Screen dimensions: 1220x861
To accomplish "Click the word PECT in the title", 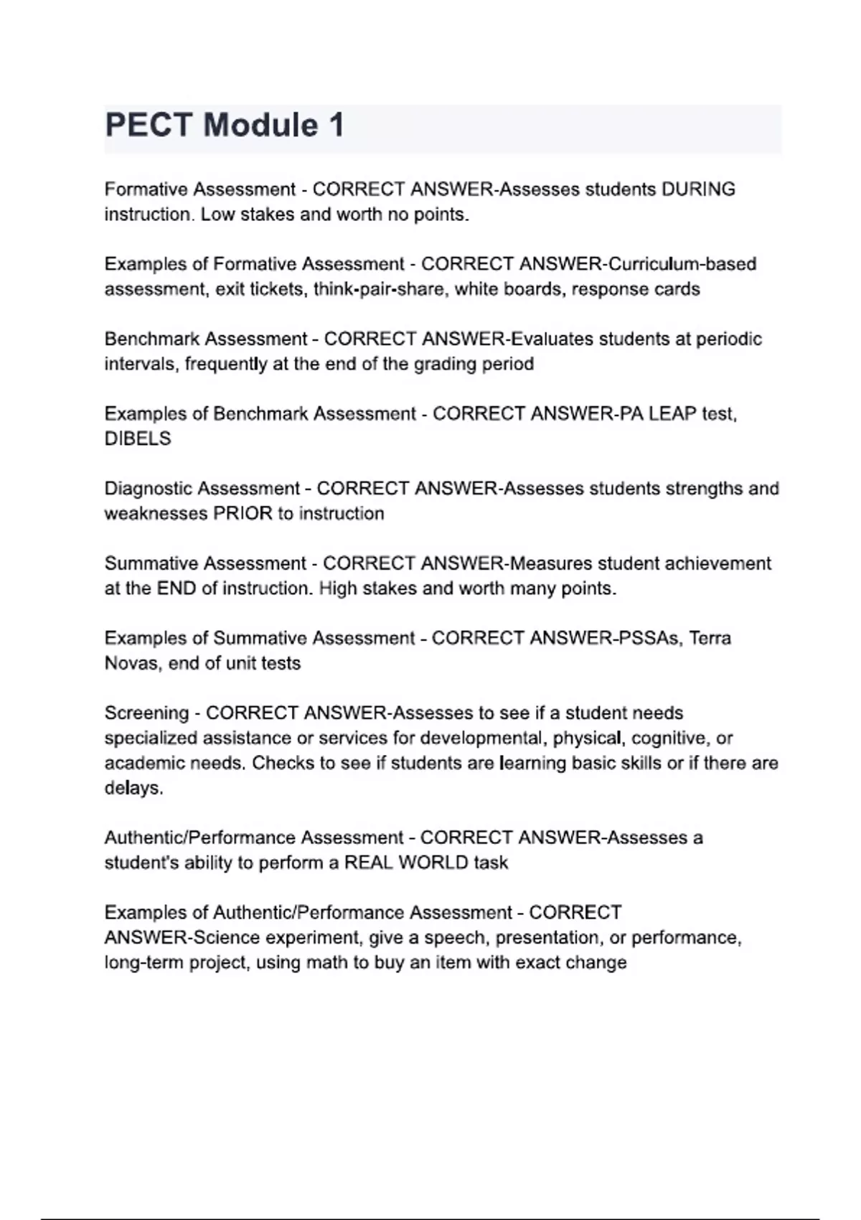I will [x=148, y=126].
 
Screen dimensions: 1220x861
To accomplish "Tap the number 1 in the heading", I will [x=335, y=126].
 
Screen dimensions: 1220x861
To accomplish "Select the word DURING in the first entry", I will [x=698, y=189].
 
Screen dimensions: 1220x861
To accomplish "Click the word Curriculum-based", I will [x=682, y=264].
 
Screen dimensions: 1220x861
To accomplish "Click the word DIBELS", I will [x=138, y=438].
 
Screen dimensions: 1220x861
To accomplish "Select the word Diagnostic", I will [x=148, y=489].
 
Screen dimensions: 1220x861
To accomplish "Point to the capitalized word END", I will [x=177, y=588].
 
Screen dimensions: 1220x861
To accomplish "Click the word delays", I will [x=133, y=788].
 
